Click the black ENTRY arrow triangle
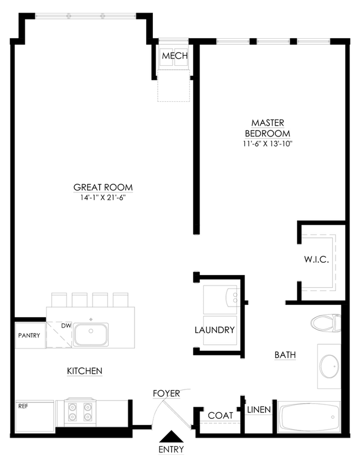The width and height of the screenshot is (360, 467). pos(171,437)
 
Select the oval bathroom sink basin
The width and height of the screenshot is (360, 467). pos(329,366)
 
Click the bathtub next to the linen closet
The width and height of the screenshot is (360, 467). pos(308,417)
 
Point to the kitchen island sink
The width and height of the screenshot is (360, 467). pos(91,334)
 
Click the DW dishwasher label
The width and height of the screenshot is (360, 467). pos(66,325)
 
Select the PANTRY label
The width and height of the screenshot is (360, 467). pos(29,335)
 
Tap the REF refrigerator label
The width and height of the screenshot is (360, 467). pos(23,406)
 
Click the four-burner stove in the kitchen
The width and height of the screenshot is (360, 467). pos(80,412)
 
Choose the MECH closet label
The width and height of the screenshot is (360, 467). pos(175,56)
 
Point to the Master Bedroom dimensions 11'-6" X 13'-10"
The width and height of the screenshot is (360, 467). pos(268,144)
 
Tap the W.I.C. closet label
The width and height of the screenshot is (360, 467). pos(316,260)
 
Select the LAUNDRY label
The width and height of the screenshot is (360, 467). pos(214,330)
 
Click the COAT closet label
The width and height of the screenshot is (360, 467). pos(220,415)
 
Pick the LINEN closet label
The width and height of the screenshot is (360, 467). pos(259,410)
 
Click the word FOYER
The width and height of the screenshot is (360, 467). pos(166,393)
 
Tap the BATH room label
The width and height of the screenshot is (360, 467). pos(285,355)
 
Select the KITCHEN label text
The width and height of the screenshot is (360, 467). pos(85,371)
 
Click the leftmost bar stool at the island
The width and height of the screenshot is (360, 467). pos(59,299)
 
